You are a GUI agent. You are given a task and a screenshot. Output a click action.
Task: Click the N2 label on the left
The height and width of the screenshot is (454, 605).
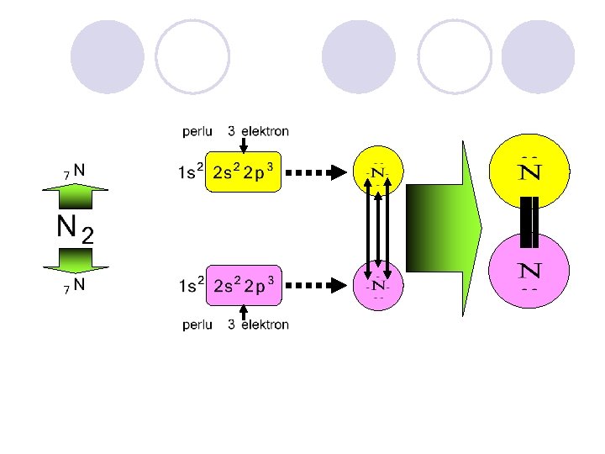point(74,228)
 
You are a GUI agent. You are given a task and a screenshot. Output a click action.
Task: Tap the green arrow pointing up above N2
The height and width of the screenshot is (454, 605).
point(74,197)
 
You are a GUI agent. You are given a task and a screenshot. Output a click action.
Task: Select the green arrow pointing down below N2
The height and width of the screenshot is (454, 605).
point(74,259)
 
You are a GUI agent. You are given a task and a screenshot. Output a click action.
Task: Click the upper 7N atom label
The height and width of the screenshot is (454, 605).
point(74,170)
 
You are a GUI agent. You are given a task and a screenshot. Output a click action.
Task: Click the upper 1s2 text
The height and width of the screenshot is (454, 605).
point(190,174)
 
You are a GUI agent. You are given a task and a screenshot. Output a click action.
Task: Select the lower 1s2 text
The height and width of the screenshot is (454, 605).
point(190,287)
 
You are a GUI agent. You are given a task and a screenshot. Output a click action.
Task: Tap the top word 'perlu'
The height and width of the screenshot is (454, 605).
point(200,132)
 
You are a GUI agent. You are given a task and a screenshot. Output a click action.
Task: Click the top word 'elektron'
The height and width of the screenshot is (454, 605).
point(265,132)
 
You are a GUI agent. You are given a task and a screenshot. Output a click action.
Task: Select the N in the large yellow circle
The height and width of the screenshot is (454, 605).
point(529,174)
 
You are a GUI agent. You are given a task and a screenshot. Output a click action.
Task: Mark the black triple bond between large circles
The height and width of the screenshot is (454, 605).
point(529,222)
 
